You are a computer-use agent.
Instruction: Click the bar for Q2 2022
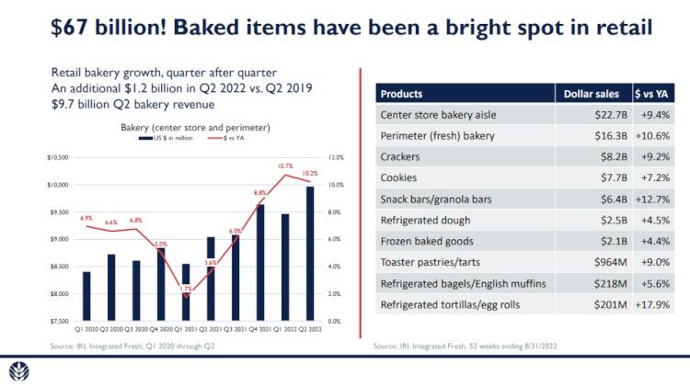coord(310,254)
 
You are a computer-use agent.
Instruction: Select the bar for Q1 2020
coord(86,296)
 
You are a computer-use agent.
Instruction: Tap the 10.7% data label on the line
coord(286,165)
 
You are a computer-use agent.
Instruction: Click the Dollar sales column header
coord(592,94)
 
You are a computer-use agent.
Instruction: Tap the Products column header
coord(402,94)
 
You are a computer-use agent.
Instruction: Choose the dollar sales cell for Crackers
coord(612,157)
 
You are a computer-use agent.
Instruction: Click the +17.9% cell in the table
coord(652,305)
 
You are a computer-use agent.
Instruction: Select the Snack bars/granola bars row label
coord(441,199)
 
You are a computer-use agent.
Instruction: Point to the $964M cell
coord(608,263)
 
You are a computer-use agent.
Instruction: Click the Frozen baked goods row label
coord(427,242)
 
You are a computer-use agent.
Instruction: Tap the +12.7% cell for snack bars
coord(652,199)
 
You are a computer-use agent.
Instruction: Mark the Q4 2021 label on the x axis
coord(260,328)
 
